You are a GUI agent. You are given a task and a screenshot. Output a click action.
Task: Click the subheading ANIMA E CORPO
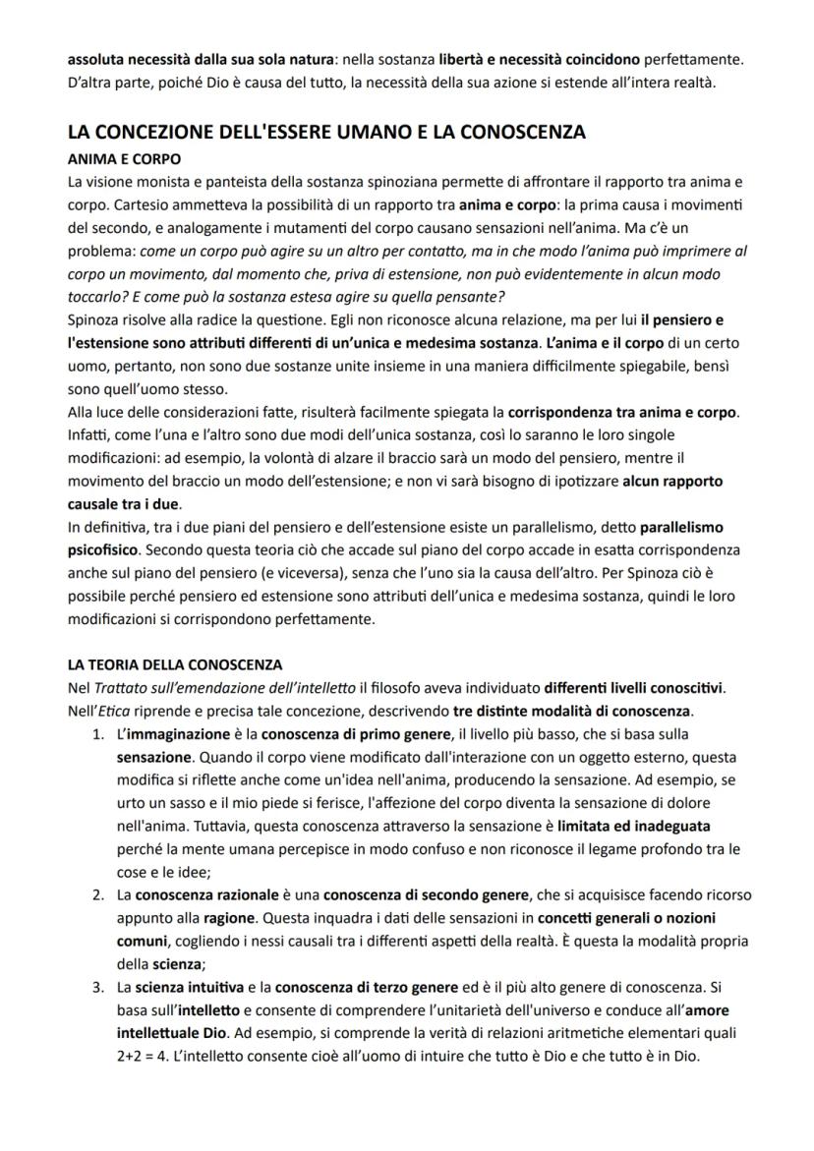124,158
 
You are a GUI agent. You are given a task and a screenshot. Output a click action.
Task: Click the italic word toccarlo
93,297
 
